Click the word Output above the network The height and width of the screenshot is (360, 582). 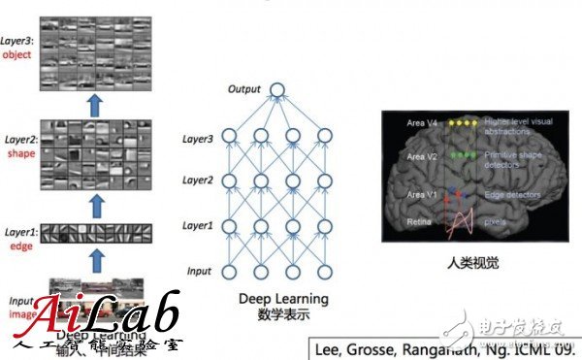tap(245, 89)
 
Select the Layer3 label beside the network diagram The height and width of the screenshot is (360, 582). tap(197, 138)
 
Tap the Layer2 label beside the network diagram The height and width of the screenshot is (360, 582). tap(197, 180)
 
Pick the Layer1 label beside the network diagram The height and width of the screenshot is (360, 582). tap(197, 225)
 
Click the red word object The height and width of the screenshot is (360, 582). tap(17, 55)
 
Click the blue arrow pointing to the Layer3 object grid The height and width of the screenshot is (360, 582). tap(94, 105)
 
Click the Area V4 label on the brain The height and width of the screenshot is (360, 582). tap(424, 125)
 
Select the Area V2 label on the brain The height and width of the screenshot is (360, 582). tap(424, 156)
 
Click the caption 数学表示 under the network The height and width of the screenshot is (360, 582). tap(283, 315)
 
